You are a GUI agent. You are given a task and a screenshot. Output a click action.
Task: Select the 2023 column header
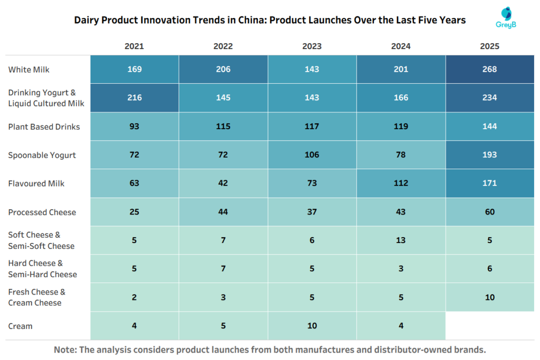click(x=312, y=46)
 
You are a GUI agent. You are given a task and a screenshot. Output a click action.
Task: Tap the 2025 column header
click(x=489, y=46)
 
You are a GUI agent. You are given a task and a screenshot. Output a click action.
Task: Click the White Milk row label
click(x=29, y=70)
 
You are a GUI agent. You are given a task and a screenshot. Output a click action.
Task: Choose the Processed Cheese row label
click(x=42, y=212)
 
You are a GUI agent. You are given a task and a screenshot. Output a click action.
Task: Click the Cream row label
click(x=21, y=326)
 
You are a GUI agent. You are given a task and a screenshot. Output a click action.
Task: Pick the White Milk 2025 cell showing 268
click(x=489, y=70)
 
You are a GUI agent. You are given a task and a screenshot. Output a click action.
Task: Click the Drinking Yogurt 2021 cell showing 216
click(x=134, y=98)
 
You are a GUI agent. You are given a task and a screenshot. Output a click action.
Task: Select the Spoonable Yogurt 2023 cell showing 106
click(x=312, y=155)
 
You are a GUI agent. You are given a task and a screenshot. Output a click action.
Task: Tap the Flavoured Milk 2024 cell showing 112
click(x=401, y=183)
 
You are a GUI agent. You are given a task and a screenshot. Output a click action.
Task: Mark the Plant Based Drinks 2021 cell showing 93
click(x=134, y=127)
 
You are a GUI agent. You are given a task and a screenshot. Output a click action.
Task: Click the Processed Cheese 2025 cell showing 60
click(x=489, y=212)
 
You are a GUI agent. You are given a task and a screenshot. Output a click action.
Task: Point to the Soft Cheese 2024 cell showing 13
click(x=401, y=240)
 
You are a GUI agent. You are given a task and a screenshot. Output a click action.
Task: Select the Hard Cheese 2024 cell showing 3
click(x=401, y=269)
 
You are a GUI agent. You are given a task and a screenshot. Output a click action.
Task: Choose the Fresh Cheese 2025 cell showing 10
click(x=489, y=297)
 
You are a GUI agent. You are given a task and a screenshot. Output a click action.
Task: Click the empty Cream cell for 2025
click(x=489, y=326)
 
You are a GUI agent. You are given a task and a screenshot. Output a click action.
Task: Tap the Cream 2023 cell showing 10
click(x=312, y=326)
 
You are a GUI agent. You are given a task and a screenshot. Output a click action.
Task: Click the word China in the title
click(x=251, y=21)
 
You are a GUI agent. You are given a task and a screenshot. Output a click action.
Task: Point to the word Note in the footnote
click(x=66, y=349)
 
